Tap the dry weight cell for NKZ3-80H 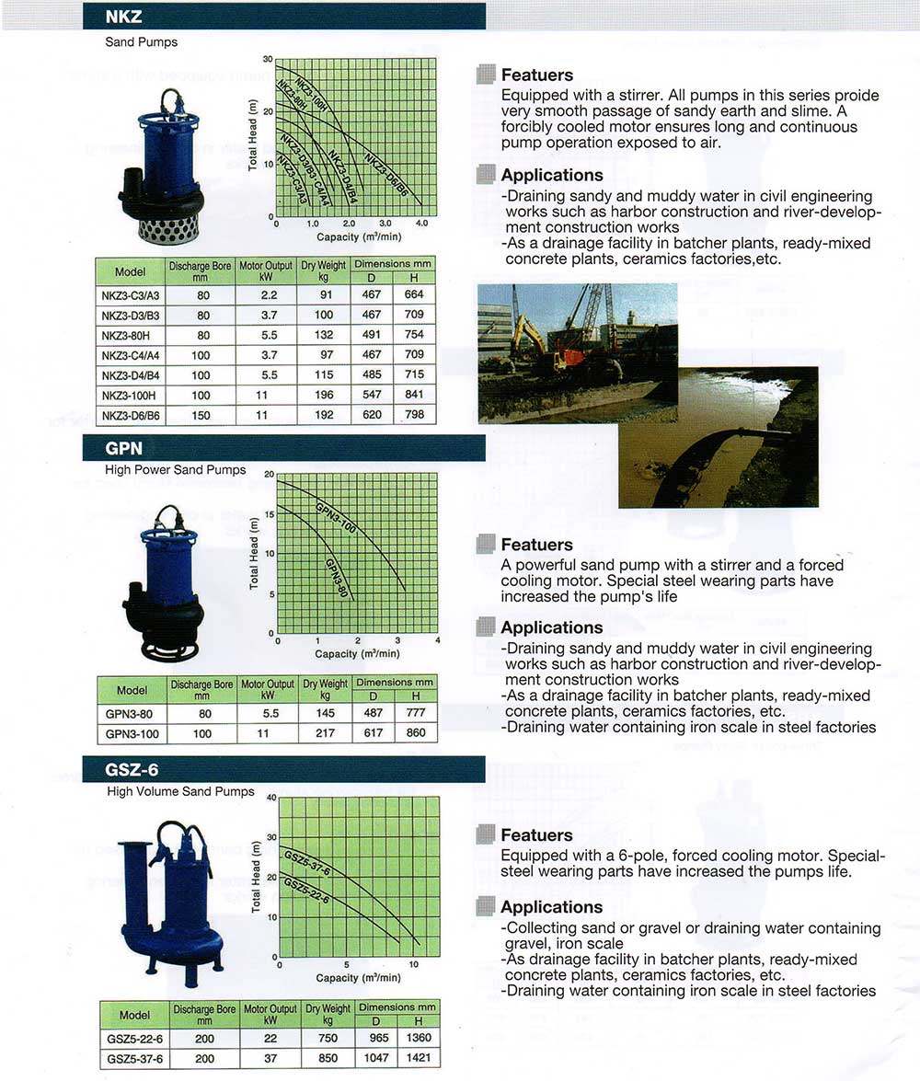324,335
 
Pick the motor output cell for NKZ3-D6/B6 266,415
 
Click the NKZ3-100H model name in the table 130,395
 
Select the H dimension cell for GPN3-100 416,733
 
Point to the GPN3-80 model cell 132,713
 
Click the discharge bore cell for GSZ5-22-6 204,1038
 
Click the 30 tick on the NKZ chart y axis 268,59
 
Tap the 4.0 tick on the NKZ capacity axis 421,224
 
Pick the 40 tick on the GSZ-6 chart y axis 270,798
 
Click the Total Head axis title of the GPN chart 256,552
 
